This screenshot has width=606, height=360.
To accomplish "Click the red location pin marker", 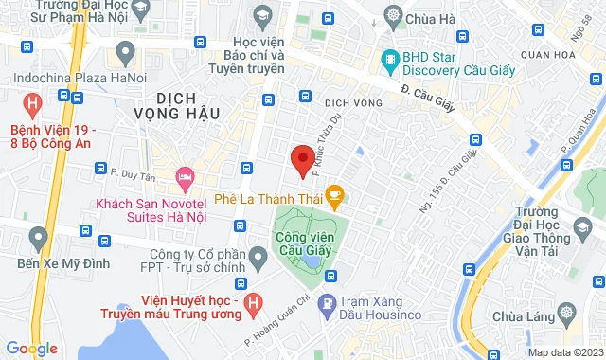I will tap(302, 160).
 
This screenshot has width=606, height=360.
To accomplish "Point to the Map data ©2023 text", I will tap(564, 352).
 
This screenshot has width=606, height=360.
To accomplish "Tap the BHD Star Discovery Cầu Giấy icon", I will tap(389, 59).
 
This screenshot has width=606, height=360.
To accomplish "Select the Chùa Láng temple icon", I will tap(566, 312).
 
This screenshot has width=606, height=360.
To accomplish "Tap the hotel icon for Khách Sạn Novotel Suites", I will tap(185, 177).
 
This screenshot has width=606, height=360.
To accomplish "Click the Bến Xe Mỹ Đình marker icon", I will tap(39, 236).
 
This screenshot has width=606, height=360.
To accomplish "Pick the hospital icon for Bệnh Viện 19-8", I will tap(34, 102).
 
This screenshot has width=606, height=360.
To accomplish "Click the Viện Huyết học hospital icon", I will tap(253, 302).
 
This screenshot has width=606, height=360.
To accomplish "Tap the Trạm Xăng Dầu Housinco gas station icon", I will tap(327, 303).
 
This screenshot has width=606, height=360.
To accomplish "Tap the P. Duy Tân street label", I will tap(132, 174).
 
